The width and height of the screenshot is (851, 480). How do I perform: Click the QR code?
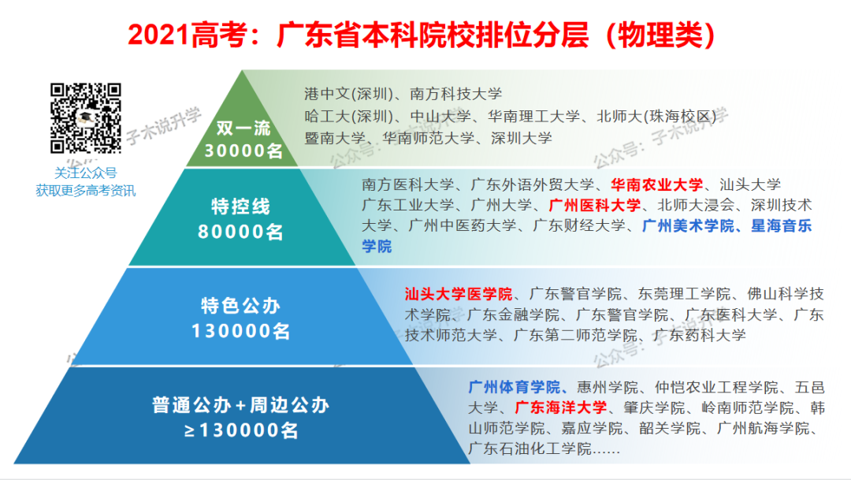(x=86, y=118)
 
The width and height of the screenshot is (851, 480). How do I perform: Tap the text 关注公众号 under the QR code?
(x=85, y=173)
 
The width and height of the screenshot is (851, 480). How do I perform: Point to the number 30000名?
(x=243, y=151)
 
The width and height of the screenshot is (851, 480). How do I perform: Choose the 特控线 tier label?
(x=241, y=207)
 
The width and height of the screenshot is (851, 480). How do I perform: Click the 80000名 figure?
(x=241, y=233)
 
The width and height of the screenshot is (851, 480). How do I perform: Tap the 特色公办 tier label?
(x=241, y=305)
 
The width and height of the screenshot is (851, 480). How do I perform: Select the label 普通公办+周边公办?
(x=241, y=406)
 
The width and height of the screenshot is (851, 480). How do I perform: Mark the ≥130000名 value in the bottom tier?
(x=241, y=431)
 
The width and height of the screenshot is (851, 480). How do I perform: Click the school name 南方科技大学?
(x=456, y=95)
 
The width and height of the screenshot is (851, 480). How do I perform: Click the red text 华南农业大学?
(x=656, y=185)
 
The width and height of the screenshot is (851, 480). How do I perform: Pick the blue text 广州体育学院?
(x=514, y=387)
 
